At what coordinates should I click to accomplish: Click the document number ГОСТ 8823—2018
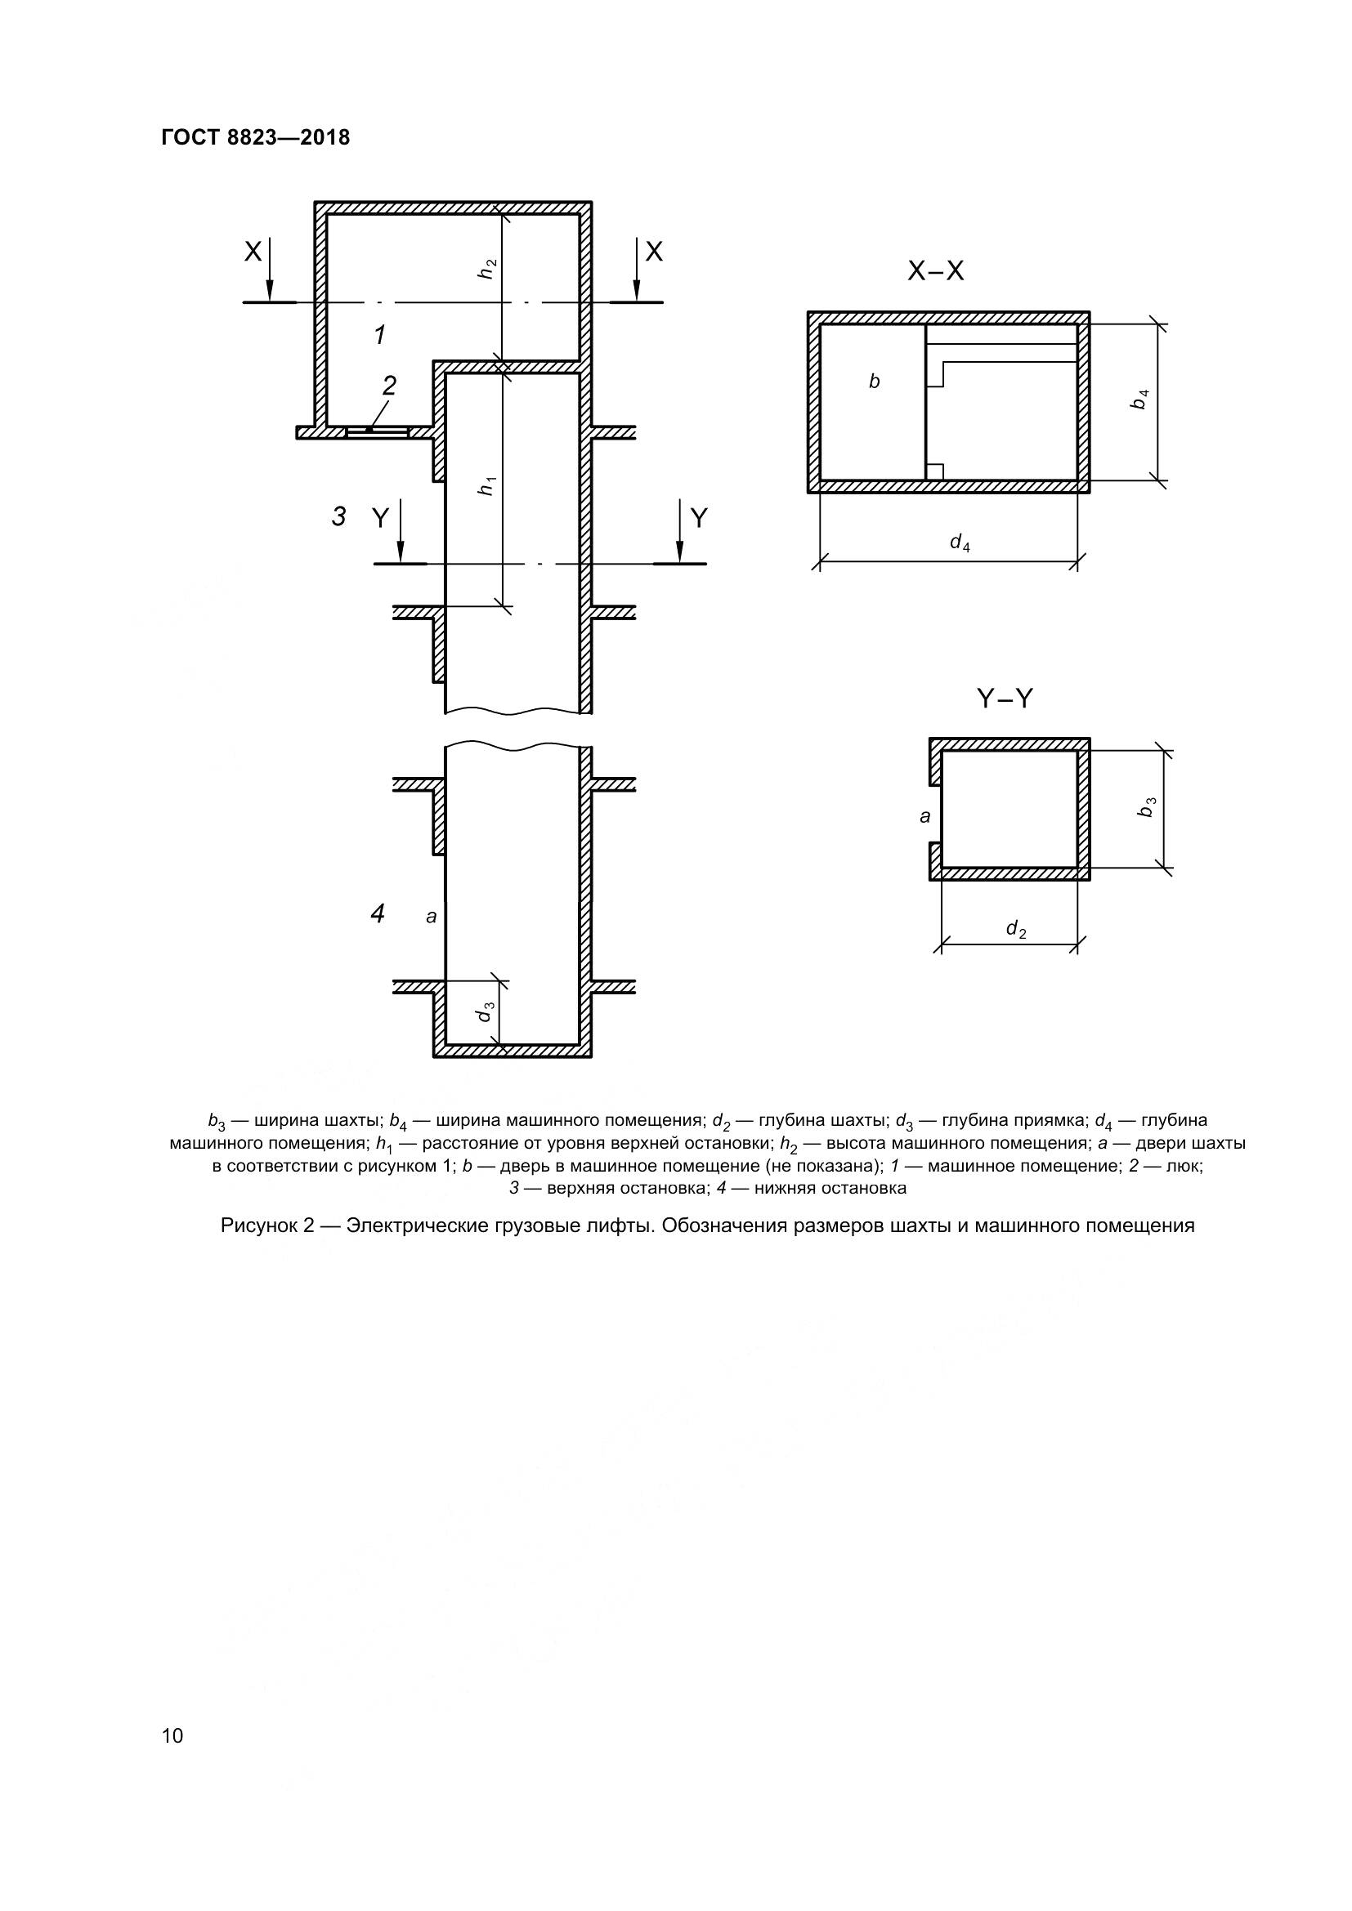pyautogui.click(x=256, y=137)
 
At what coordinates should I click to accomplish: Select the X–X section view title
pyautogui.click(x=936, y=271)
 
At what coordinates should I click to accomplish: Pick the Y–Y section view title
pyautogui.click(x=1004, y=699)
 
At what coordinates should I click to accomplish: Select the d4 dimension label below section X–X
pyautogui.click(x=960, y=542)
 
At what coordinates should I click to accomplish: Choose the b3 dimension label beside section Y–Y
pyautogui.click(x=1147, y=807)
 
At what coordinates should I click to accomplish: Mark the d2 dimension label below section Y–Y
pyautogui.click(x=1016, y=928)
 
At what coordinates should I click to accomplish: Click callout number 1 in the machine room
pyautogui.click(x=379, y=336)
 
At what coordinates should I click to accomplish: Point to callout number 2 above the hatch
pyautogui.click(x=389, y=386)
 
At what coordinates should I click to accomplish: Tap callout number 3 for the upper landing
pyautogui.click(x=339, y=517)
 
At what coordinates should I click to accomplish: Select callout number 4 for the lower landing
pyautogui.click(x=377, y=914)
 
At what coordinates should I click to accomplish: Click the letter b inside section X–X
pyautogui.click(x=874, y=382)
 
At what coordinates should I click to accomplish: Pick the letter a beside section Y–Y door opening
pyautogui.click(x=924, y=816)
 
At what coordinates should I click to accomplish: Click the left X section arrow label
pyautogui.click(x=253, y=252)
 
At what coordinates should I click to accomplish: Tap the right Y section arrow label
pyautogui.click(x=700, y=519)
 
